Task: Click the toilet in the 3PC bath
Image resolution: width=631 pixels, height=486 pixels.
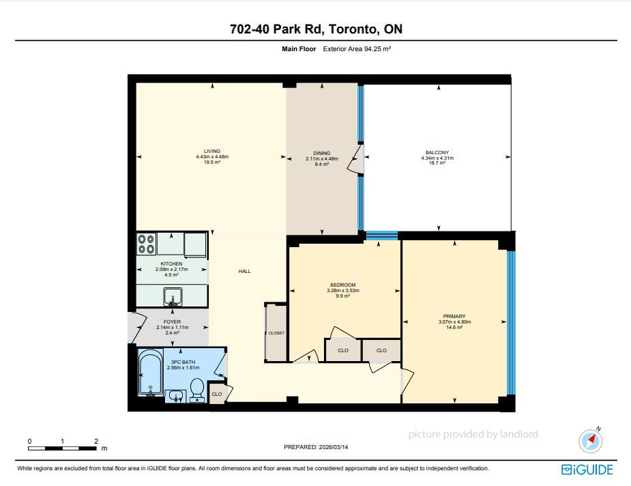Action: click(x=196, y=390)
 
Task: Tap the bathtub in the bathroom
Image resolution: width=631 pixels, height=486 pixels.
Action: click(x=151, y=373)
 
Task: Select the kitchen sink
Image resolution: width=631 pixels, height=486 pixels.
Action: click(x=173, y=297)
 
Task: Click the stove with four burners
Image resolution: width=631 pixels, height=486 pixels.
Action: click(x=147, y=244)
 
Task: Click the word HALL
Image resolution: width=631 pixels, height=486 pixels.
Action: click(x=244, y=272)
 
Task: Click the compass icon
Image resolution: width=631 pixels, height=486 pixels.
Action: click(x=590, y=440)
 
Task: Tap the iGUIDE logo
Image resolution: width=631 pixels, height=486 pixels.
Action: click(x=587, y=470)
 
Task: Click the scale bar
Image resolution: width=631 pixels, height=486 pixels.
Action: click(x=62, y=448)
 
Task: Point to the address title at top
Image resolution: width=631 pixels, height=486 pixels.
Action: click(x=316, y=29)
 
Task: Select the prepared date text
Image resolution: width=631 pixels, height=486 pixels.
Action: click(x=316, y=447)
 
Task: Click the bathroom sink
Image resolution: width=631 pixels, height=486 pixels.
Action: click(x=175, y=396)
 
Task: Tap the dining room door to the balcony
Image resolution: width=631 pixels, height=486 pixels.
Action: click(x=357, y=159)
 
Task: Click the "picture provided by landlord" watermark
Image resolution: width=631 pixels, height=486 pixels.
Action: click(x=473, y=434)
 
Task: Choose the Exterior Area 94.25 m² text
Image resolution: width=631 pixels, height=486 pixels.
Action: click(x=357, y=48)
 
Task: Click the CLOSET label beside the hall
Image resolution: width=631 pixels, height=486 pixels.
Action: click(x=276, y=333)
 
